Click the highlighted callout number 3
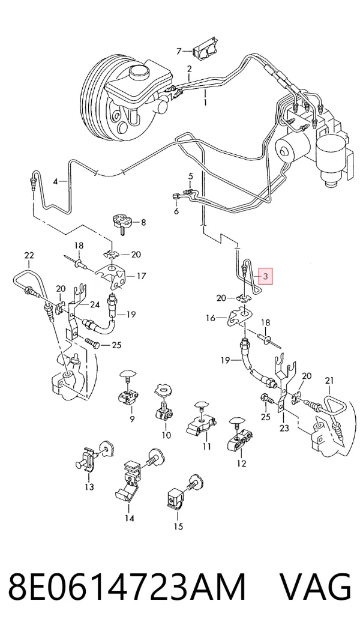tap(265, 277)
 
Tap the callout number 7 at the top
tap(179, 51)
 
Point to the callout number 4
tap(56, 181)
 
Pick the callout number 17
tap(141, 276)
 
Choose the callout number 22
tap(29, 256)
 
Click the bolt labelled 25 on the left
tap(92, 343)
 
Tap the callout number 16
tap(211, 318)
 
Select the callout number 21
tap(329, 381)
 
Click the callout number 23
tap(284, 428)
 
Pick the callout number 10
tap(166, 435)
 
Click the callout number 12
tap(241, 463)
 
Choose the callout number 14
tap(129, 518)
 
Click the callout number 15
tap(178, 527)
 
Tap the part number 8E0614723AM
tap(127, 587)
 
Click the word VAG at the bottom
tap(315, 587)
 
